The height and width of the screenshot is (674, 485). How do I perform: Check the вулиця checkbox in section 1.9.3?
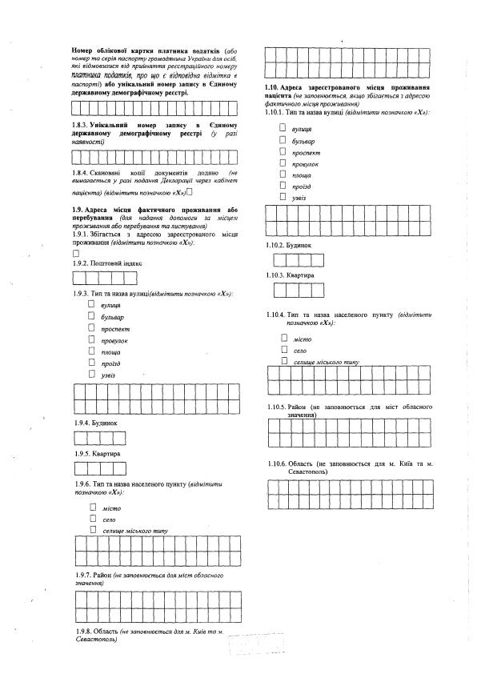tap(92, 305)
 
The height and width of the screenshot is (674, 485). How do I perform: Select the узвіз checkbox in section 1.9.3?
tap(92, 373)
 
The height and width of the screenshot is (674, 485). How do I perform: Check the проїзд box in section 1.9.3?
tap(92, 362)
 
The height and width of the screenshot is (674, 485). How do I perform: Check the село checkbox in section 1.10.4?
tap(283, 350)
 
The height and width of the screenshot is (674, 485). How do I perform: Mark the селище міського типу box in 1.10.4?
tap(283, 361)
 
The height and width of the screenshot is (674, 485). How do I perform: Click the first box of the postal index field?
tap(80, 278)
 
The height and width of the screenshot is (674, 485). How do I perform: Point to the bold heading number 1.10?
tap(273, 86)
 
